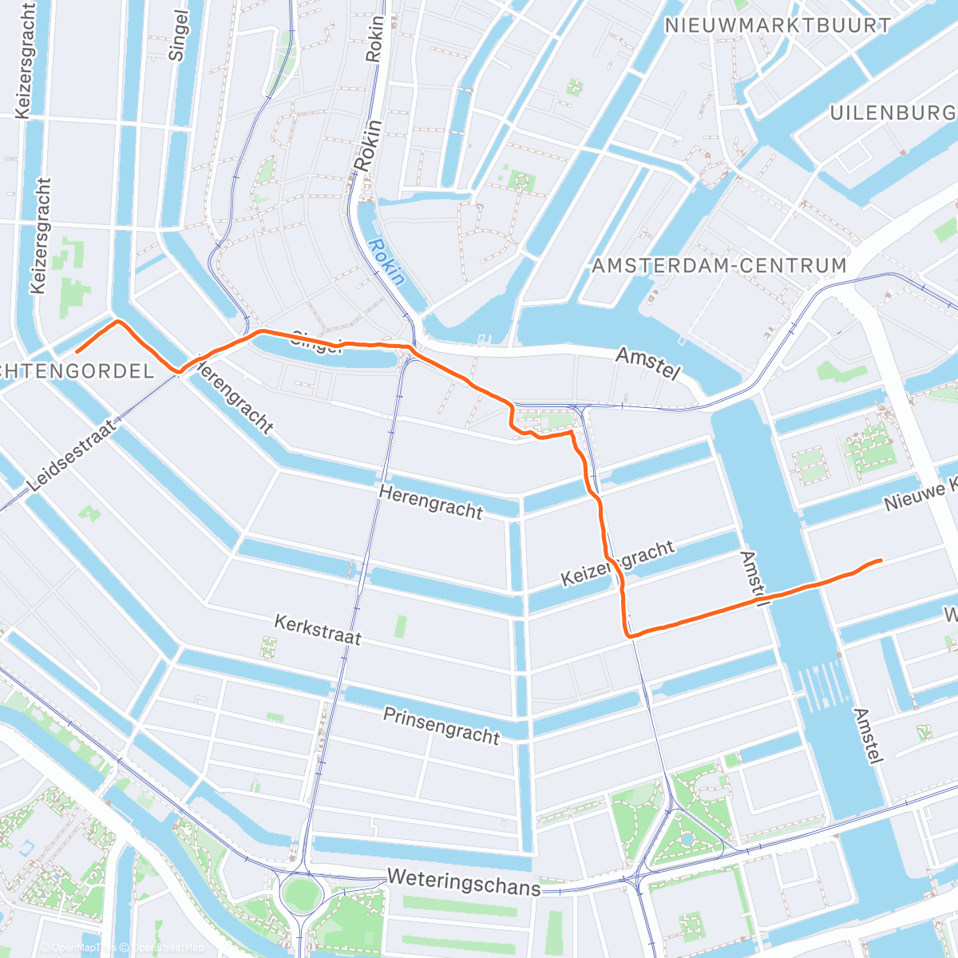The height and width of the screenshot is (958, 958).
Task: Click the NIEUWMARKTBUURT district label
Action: point(778,26)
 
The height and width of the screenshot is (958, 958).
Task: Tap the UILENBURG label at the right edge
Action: point(893,113)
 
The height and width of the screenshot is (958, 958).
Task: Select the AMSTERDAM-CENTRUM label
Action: point(718,265)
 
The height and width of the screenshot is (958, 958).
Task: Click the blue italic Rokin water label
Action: point(387,263)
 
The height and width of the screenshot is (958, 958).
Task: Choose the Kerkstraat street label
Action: point(318,629)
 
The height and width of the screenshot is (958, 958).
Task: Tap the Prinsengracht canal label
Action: point(441,725)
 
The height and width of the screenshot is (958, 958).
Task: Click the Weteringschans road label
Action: point(463,882)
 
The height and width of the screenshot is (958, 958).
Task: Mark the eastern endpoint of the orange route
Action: point(881,560)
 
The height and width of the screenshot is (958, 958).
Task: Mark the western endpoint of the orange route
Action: point(77,351)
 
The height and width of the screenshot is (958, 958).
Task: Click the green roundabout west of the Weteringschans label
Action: point(299,893)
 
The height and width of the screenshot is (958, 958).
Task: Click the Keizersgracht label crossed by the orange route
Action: point(617,563)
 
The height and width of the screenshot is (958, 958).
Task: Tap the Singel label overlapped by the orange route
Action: point(318,342)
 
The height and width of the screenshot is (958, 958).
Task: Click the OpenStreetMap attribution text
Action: point(168,948)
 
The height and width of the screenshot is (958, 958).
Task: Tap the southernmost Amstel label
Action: point(868,736)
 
